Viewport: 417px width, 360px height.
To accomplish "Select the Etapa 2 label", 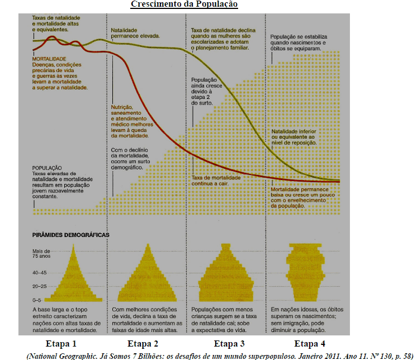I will [x=144, y=343].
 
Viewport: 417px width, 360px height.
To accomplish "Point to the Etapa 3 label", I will [x=230, y=343].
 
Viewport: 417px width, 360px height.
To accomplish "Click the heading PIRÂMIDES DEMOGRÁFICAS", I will [x=70, y=236].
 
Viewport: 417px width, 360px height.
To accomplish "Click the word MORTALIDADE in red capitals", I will [x=49, y=59].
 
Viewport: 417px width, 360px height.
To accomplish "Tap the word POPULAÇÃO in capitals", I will [x=46, y=167].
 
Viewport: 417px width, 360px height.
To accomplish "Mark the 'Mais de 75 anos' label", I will [x=41, y=254].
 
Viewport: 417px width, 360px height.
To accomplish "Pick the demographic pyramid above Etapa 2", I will [x=148, y=274].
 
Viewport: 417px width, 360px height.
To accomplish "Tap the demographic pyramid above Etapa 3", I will [x=226, y=274].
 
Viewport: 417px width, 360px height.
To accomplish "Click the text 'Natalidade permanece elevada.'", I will [x=135, y=32].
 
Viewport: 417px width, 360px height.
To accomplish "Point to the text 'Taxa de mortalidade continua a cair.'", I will [x=216, y=180].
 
